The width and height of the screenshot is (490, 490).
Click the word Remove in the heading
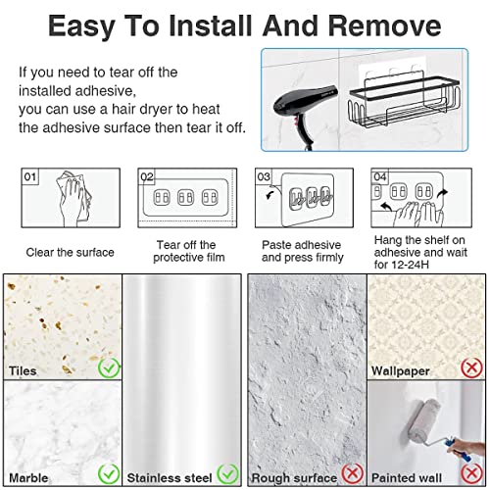[384, 26]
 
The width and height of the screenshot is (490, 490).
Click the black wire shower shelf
[405, 100]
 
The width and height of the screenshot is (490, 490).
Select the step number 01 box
[30, 176]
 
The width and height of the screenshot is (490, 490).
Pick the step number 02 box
[147, 176]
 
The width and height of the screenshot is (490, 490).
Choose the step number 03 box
[264, 176]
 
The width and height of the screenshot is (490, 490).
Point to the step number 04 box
[380, 176]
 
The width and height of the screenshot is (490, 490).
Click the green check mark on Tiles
[109, 367]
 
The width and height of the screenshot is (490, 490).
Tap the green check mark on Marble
[109, 473]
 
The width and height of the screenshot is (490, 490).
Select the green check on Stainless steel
[227, 473]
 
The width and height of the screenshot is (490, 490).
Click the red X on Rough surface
[353, 473]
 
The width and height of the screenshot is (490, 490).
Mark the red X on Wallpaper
[471, 367]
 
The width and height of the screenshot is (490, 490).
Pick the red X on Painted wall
[471, 473]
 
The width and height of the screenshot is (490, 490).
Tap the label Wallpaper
[400, 371]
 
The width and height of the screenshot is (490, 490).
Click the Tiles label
[23, 371]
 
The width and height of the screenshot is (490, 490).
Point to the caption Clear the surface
[71, 252]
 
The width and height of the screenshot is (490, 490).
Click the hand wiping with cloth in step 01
[73, 198]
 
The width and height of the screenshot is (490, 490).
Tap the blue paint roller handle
[458, 450]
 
